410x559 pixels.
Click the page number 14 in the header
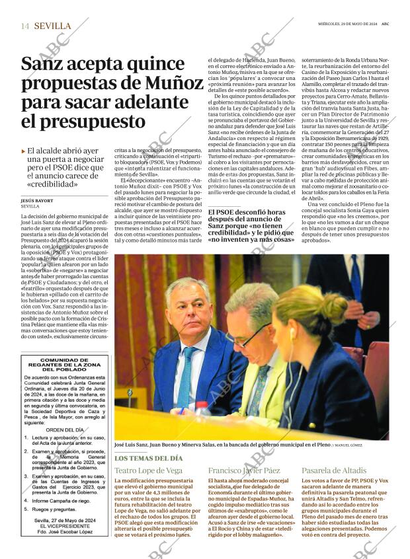[24, 26]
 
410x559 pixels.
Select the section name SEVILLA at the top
[52, 26]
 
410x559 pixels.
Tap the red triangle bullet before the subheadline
[24, 151]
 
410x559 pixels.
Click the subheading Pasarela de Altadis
[334, 470]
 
